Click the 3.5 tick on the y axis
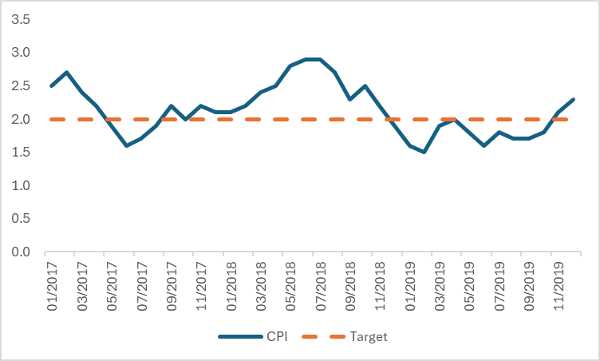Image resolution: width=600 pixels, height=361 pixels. (21, 19)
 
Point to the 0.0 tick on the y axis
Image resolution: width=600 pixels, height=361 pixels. (21, 252)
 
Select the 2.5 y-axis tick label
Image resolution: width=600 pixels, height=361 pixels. (21, 86)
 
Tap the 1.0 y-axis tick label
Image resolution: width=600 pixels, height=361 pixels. (21, 186)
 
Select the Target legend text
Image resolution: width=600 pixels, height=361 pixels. (368, 337)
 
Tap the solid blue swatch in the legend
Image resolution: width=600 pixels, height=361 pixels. (237, 337)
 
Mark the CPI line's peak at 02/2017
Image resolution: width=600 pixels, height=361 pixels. (67, 73)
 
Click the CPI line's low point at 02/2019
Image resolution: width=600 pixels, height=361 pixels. (424, 153)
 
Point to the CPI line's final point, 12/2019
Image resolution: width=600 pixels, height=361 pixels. (573, 99)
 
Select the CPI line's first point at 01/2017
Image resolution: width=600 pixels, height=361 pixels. (52, 86)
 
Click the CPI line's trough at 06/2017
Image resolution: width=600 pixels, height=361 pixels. (126, 146)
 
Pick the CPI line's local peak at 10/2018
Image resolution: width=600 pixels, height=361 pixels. (365, 86)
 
